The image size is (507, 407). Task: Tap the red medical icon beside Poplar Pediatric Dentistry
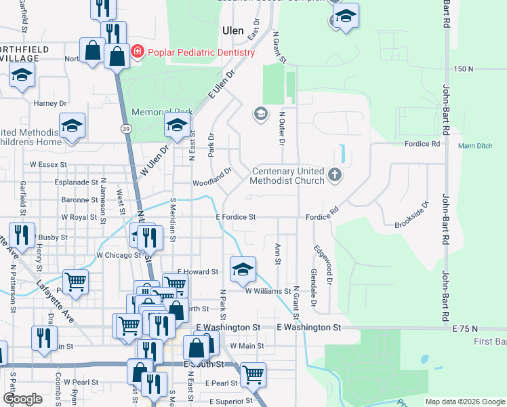click(138, 52)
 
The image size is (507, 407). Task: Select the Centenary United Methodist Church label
click(287, 176)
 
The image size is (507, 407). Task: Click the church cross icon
click(333, 176)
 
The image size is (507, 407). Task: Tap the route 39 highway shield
click(127, 128)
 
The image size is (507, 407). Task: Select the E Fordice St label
click(235, 217)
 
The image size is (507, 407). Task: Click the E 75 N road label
click(465, 328)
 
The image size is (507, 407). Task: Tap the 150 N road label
click(464, 69)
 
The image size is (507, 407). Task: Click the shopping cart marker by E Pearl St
click(253, 372)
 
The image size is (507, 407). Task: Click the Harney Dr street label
click(50, 104)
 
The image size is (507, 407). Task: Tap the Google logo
click(22, 399)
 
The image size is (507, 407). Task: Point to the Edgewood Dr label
click(323, 264)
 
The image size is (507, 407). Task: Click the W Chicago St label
click(119, 255)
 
